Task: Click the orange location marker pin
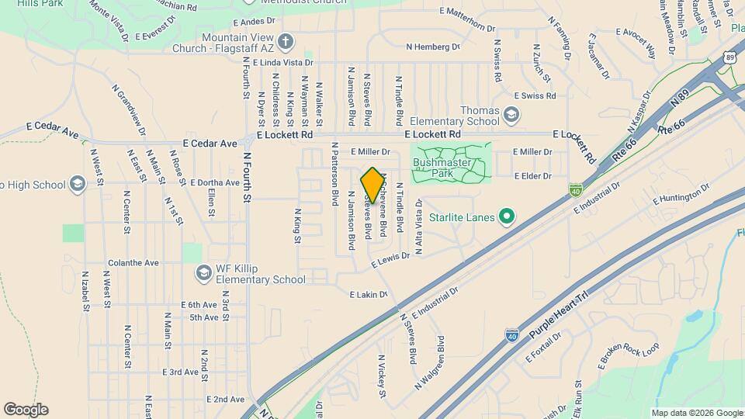point(372,185)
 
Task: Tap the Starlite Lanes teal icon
point(507,216)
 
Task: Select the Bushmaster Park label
point(449,168)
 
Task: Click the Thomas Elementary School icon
point(511,116)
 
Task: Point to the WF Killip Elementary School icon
point(203,273)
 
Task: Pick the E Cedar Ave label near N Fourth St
point(210,144)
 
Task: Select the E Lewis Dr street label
point(390,260)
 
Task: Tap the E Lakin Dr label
point(368,295)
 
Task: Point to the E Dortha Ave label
point(215,183)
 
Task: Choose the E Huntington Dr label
point(681,193)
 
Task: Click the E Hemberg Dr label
point(433,47)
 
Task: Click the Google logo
point(26,410)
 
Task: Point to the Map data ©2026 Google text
point(696,413)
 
